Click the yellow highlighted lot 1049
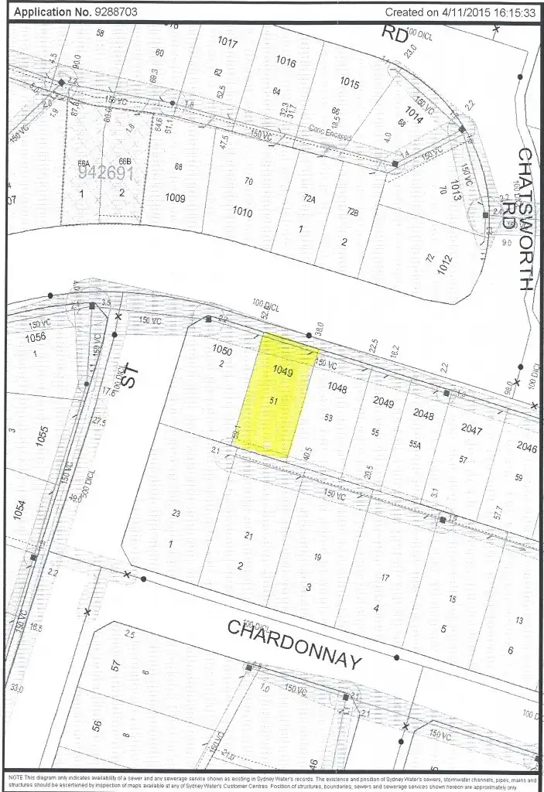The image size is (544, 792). point(273,394)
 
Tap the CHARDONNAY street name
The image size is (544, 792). point(295,643)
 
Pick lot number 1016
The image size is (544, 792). point(286,62)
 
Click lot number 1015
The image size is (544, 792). point(349,83)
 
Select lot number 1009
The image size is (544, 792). point(176,197)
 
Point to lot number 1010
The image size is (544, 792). point(242,212)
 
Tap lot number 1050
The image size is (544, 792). point(221,350)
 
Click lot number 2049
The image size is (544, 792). point(383,401)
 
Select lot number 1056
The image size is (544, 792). point(35,337)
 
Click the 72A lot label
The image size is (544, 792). point(310,198)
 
